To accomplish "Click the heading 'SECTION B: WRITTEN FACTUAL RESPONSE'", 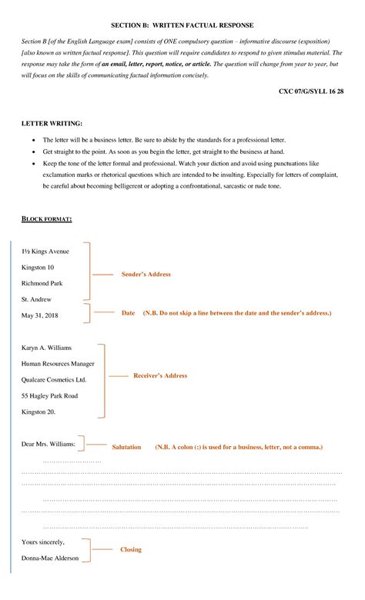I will (x=182, y=25).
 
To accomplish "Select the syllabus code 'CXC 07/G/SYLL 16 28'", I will (x=310, y=92).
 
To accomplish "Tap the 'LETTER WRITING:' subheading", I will (x=52, y=123).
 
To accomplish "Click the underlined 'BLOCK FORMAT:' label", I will (x=47, y=219).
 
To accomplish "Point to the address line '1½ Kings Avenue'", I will (x=45, y=252).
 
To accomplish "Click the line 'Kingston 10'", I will (x=38, y=267).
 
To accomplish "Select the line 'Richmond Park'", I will (x=42, y=283).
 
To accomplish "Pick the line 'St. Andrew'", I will (x=36, y=299).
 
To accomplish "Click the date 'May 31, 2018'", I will (x=40, y=315).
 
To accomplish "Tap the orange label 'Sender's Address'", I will (x=146, y=275).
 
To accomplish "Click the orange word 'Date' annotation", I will (x=129, y=313).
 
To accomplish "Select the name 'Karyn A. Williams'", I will (x=47, y=348).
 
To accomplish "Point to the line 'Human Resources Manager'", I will (x=58, y=364).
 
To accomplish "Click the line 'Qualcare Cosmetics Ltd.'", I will (x=54, y=380).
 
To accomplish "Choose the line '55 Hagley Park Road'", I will (x=49, y=396).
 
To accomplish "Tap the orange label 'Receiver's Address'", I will (x=160, y=375).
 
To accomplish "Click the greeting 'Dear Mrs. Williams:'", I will (x=49, y=444).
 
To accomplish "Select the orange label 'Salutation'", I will (x=126, y=447).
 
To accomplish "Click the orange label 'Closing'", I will (x=131, y=550).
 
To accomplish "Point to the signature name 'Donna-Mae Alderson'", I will (x=50, y=558).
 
